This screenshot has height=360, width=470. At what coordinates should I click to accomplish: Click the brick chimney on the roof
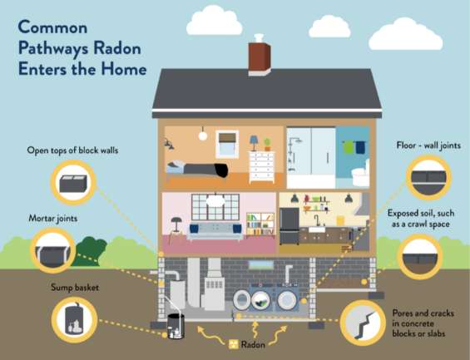[260, 58]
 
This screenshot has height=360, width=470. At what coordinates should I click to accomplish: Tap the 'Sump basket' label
[75, 288]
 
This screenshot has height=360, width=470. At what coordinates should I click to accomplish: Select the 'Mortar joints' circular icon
[53, 250]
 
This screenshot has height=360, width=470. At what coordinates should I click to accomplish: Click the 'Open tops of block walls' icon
[73, 182]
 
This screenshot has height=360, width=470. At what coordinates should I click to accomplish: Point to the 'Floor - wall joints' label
[428, 145]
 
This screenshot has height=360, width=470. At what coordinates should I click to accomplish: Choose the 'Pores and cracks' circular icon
[363, 323]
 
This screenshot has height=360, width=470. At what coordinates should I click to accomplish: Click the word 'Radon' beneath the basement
[253, 344]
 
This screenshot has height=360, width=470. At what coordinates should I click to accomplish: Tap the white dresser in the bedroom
[262, 167]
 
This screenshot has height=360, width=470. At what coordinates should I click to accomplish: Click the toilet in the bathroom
[360, 174]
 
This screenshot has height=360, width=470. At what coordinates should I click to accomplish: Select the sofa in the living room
[215, 231]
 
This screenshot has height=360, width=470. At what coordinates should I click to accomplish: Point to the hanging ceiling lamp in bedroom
[203, 134]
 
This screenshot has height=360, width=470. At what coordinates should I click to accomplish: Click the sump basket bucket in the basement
[176, 326]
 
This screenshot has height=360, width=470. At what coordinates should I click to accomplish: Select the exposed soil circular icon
[420, 257]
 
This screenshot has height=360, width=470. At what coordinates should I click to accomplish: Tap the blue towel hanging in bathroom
[360, 147]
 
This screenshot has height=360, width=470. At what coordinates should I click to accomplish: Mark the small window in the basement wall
[261, 264]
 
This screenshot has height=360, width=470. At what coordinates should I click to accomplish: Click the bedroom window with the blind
[227, 144]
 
